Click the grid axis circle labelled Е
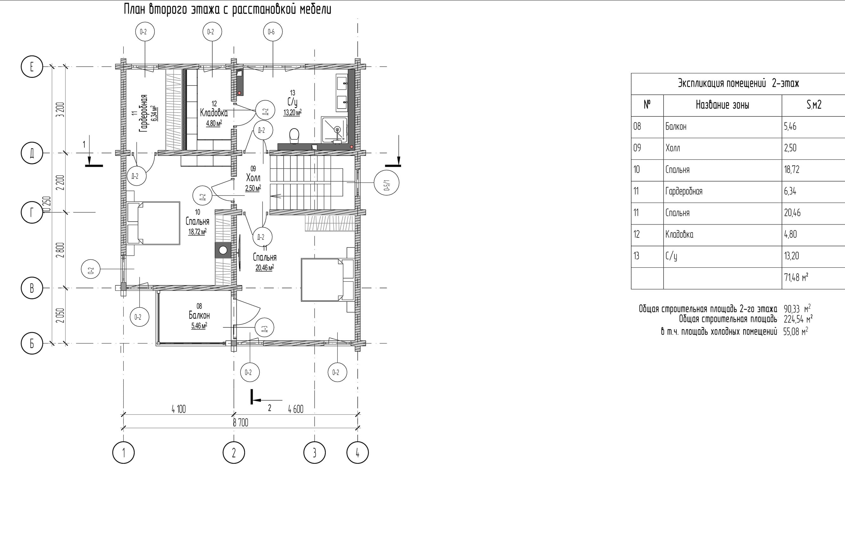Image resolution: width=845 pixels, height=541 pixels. (32, 66)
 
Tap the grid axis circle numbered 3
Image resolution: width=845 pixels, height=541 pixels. (315, 452)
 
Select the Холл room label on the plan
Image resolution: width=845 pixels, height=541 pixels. (253, 178)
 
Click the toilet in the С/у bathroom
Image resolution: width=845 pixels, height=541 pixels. (294, 136)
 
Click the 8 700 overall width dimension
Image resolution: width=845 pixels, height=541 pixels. (240, 423)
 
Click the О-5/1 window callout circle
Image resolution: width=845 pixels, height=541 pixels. (387, 183)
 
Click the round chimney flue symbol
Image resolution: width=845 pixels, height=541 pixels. (223, 250)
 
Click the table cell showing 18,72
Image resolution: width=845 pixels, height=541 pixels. (792, 170)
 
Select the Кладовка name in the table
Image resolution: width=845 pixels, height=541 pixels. (679, 234)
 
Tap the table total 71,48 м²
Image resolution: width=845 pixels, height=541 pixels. (796, 277)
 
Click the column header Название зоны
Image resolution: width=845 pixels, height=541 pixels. (723, 105)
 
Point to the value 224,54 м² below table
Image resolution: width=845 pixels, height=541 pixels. (798, 319)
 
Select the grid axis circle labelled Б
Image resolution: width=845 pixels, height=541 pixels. (32, 343)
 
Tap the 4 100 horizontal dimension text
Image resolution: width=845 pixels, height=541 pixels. (179, 409)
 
